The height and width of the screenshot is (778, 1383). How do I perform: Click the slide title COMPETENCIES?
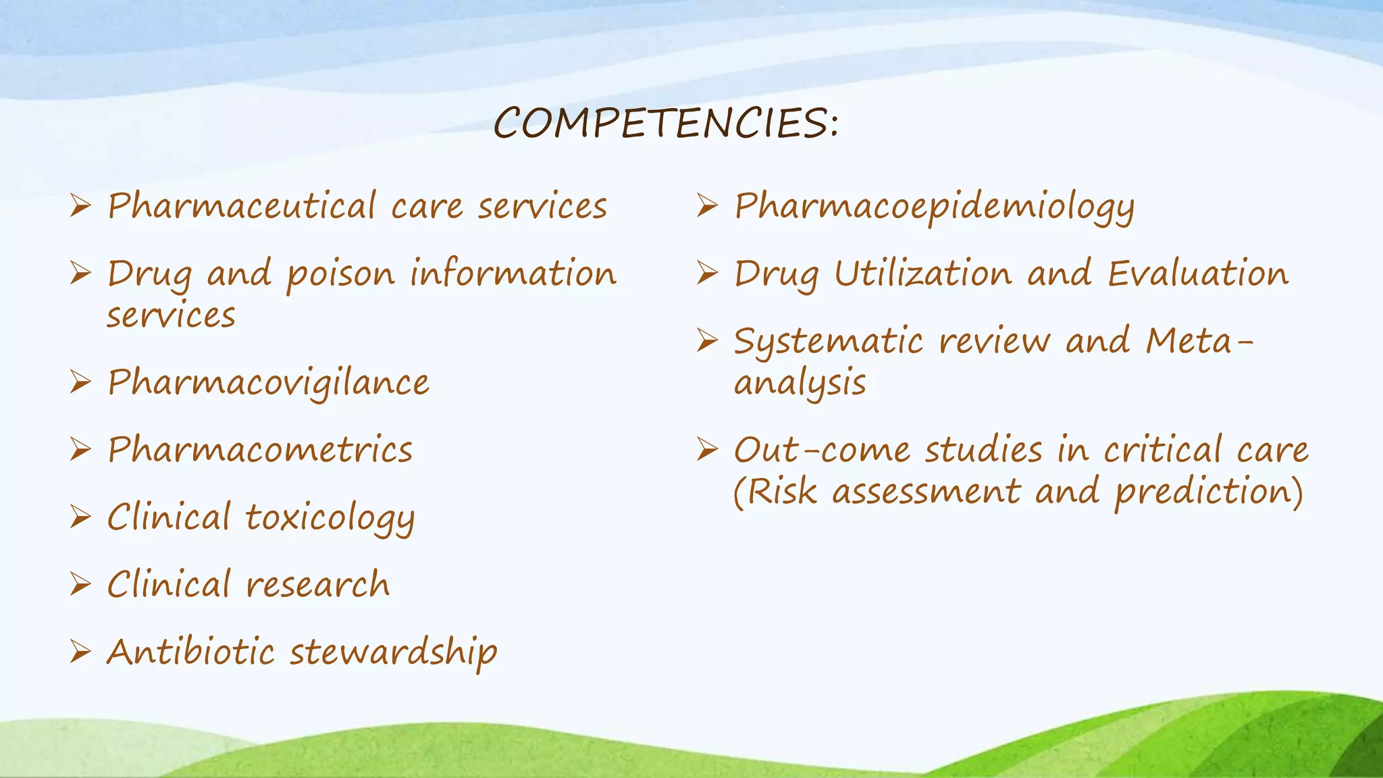[x=665, y=124]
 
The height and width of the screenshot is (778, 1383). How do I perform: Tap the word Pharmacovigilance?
[x=268, y=383]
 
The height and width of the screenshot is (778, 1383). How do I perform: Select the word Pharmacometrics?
[x=260, y=450]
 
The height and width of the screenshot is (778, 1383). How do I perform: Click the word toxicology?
[x=330, y=519]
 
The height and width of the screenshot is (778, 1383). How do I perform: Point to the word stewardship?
[x=394, y=652]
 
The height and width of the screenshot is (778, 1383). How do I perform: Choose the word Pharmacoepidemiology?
[x=934, y=207]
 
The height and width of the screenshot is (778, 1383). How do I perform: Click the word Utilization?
[x=923, y=274]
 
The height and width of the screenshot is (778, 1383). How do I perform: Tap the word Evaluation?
[x=1198, y=274]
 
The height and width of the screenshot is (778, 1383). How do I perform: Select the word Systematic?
[x=828, y=341]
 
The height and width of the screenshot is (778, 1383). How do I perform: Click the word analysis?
[x=800, y=384]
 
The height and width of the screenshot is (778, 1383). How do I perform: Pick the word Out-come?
[x=822, y=450]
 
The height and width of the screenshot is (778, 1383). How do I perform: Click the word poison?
[x=340, y=275]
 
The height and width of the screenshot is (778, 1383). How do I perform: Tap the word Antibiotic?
[x=191, y=652]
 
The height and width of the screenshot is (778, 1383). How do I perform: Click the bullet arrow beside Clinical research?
[x=80, y=584]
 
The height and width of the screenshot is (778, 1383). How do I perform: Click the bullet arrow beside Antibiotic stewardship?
[x=80, y=652]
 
